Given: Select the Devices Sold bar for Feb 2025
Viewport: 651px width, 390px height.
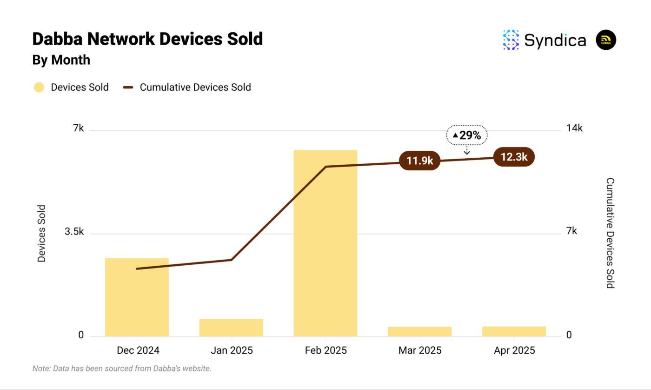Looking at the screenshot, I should [x=325, y=242].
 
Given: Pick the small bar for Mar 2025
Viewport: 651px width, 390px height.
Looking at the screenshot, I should [x=419, y=331].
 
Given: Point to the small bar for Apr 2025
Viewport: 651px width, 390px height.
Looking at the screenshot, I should [x=514, y=331].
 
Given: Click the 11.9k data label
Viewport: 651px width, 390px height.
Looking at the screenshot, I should [x=419, y=161].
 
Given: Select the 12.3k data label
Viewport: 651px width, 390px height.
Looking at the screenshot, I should [x=514, y=157].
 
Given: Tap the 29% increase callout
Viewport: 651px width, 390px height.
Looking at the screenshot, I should [x=467, y=135].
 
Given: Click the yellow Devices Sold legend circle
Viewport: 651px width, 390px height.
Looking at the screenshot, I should [x=39, y=87].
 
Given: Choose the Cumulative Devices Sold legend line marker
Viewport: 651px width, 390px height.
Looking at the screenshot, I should [x=128, y=87].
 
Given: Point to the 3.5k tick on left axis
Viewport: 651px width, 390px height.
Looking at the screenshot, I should [x=74, y=232].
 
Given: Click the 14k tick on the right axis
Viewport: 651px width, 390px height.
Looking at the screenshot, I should [x=574, y=128].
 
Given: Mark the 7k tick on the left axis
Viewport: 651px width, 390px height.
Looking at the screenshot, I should [x=78, y=128].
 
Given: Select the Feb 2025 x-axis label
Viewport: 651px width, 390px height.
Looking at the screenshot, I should [x=325, y=350].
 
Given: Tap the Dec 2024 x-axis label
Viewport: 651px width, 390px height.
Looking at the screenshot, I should [x=138, y=350].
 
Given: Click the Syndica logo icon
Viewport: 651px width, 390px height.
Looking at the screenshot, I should [x=511, y=40].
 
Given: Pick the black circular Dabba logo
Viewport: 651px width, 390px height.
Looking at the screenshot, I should [x=606, y=40].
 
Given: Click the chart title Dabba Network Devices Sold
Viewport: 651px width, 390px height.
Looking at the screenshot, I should [x=147, y=39].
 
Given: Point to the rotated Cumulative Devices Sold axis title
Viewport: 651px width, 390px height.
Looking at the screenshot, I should [x=610, y=233].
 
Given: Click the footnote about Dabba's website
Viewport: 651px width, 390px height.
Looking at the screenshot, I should [x=122, y=369].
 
